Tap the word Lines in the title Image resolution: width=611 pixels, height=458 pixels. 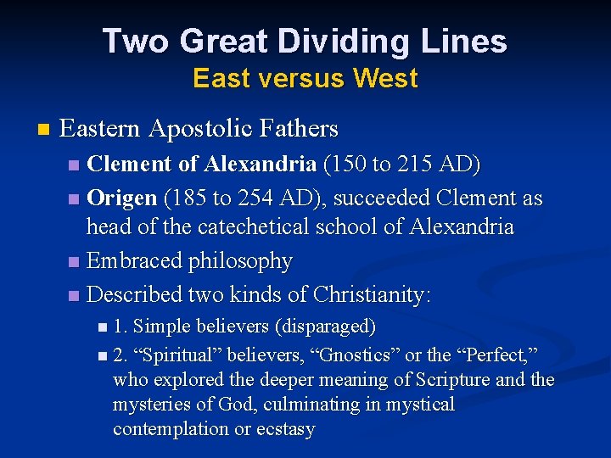click(x=468, y=42)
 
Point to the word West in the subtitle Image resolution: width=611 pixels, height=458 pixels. click(x=385, y=78)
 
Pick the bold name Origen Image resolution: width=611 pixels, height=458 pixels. click(x=122, y=198)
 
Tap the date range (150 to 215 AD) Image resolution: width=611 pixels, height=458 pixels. click(x=401, y=164)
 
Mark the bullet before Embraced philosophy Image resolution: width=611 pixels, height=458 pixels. click(x=74, y=262)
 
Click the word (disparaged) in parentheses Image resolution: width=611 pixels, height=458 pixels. click(x=328, y=326)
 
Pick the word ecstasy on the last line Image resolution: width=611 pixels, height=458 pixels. click(x=286, y=429)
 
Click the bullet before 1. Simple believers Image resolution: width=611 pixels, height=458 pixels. click(x=102, y=327)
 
